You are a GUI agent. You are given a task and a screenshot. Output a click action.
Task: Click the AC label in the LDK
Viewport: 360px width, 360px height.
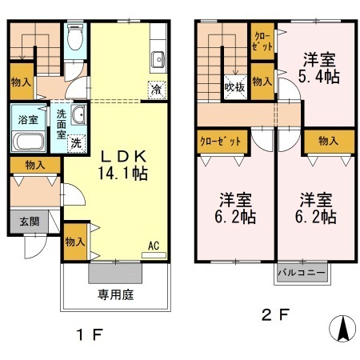click(x=153, y=246)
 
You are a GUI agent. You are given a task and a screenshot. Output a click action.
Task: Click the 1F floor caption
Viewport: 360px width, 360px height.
click(x=91, y=334)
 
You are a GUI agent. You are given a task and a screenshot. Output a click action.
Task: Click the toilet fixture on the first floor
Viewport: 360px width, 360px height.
click(x=75, y=38)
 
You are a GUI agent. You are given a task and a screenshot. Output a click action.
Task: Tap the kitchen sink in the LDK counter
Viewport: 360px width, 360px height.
click(x=157, y=58)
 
